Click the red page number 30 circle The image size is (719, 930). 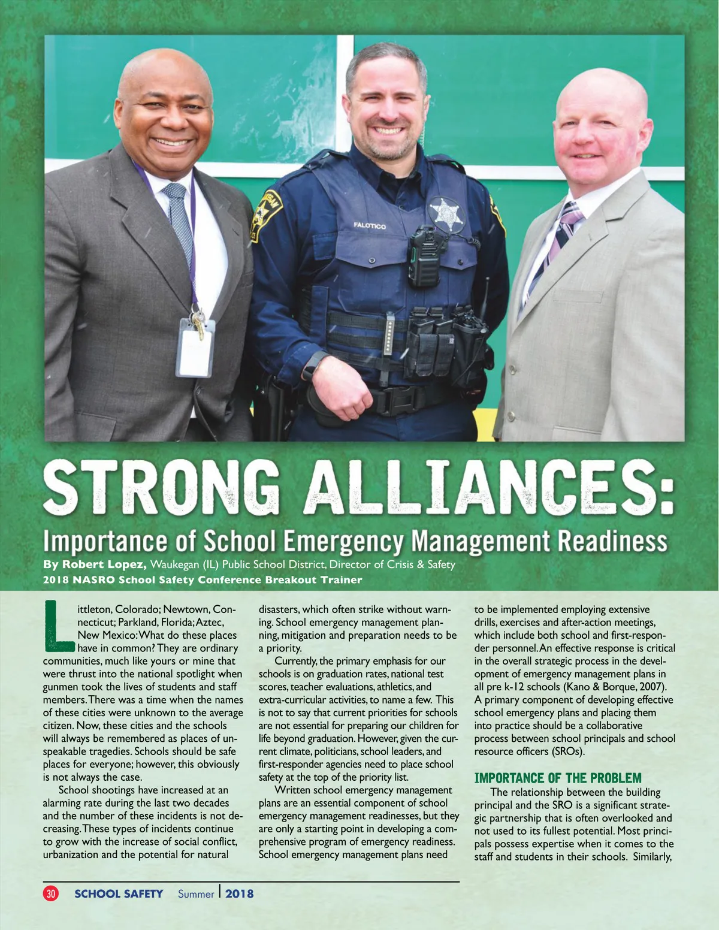pos(51,893)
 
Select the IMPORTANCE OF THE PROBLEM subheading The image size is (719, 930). pos(557,778)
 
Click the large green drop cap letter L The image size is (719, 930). pos(59,626)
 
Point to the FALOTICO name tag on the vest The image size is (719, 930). pos(370,226)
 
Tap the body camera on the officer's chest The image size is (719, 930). pos(425,256)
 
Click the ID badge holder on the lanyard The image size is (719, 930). pos(195,349)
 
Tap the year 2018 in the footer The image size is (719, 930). pos(240,893)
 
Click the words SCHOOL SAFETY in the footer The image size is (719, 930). pos(119,893)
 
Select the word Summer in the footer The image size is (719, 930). pos(196,894)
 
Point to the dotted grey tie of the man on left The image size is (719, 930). pos(179,222)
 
